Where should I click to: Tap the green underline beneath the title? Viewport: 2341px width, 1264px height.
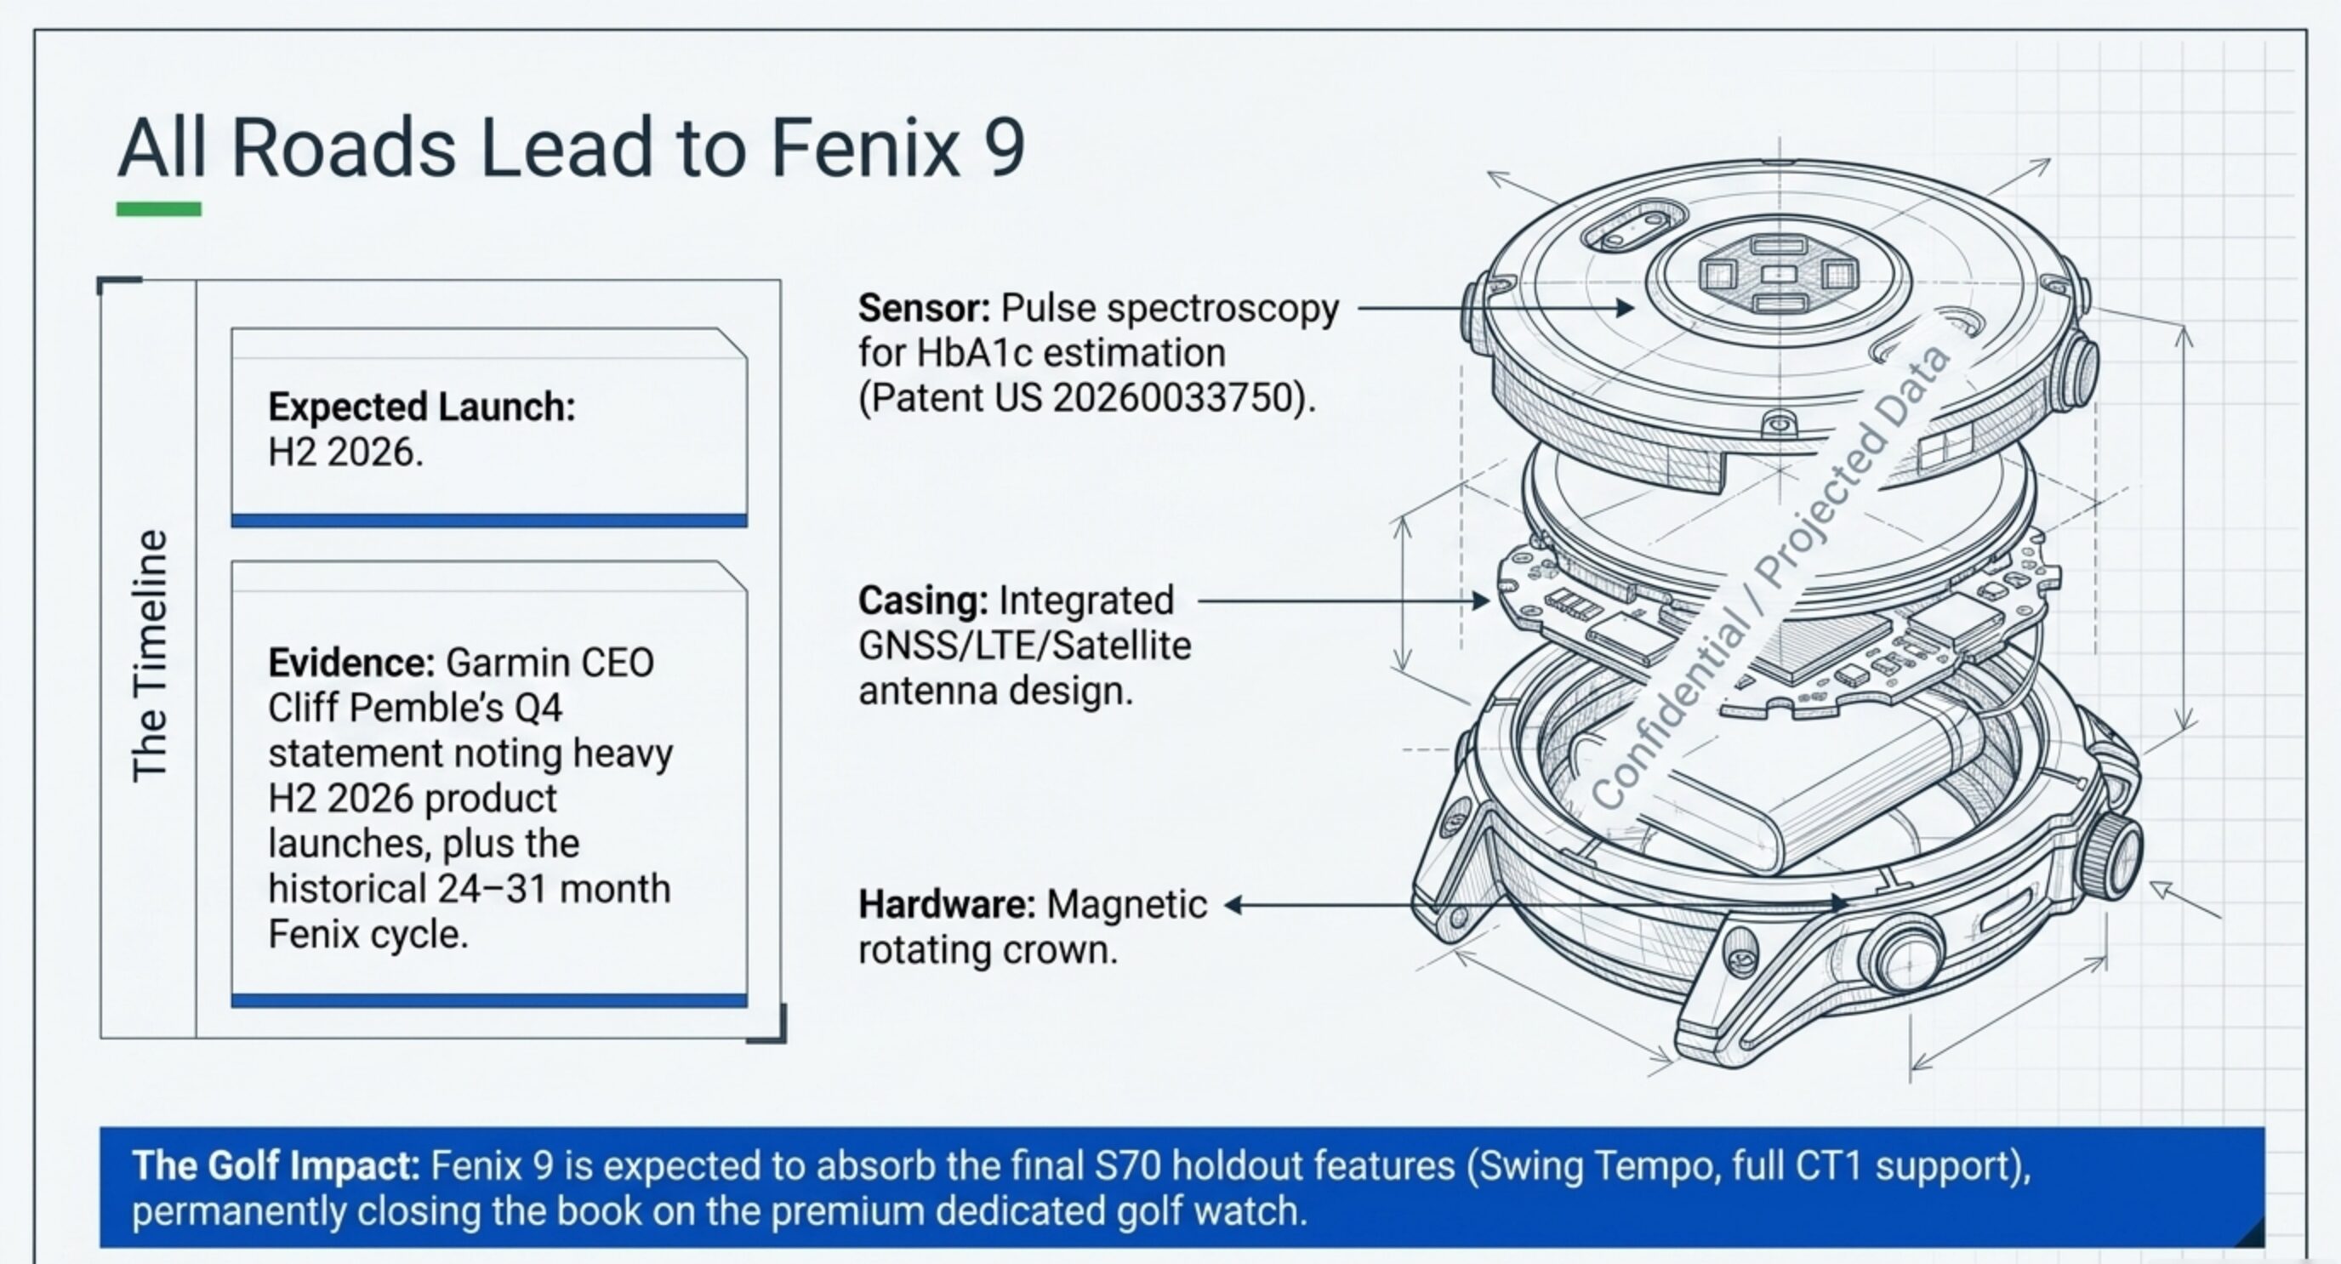(x=158, y=209)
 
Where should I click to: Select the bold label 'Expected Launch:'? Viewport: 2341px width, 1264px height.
(x=422, y=407)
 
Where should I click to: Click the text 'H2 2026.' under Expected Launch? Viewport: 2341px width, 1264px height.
(x=345, y=453)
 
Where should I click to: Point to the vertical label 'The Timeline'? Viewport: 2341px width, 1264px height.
(x=150, y=655)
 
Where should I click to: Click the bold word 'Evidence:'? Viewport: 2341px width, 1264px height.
(x=351, y=663)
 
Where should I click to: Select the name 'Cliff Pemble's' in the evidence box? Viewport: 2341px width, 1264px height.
(x=383, y=708)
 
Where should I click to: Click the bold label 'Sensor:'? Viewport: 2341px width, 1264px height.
(x=924, y=308)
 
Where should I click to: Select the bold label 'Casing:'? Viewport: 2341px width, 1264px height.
(x=923, y=601)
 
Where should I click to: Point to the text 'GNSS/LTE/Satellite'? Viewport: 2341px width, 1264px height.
(x=1024, y=646)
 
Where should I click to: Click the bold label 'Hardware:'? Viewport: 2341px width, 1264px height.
(x=947, y=905)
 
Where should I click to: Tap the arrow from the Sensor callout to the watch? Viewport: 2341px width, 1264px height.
(x=1495, y=308)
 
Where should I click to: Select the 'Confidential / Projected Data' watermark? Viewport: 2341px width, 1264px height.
(x=1772, y=578)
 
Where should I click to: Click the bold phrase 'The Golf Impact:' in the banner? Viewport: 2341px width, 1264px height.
(x=276, y=1166)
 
